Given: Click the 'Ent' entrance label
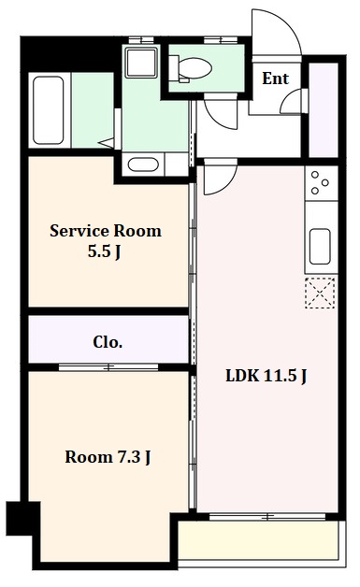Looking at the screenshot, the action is (x=275, y=79).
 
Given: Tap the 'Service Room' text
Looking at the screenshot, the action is (x=106, y=231).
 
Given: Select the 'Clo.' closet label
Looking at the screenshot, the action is (x=108, y=342).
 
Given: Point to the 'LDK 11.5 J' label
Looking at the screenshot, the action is (x=266, y=376).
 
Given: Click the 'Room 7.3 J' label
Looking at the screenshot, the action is (x=108, y=457).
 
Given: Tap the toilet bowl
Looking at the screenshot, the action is (x=191, y=68).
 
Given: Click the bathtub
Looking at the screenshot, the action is (x=48, y=110).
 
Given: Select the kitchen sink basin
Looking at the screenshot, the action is (x=320, y=246).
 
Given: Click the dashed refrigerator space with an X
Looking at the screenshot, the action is (x=320, y=293).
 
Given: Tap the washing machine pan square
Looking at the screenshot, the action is (x=141, y=62).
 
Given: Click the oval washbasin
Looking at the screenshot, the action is (x=143, y=165).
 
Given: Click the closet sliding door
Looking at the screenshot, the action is (x=108, y=367).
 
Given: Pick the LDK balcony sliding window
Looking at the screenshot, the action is (x=267, y=517).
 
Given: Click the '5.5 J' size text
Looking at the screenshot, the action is (x=104, y=251).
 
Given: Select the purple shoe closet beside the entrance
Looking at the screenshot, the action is (x=324, y=110).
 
